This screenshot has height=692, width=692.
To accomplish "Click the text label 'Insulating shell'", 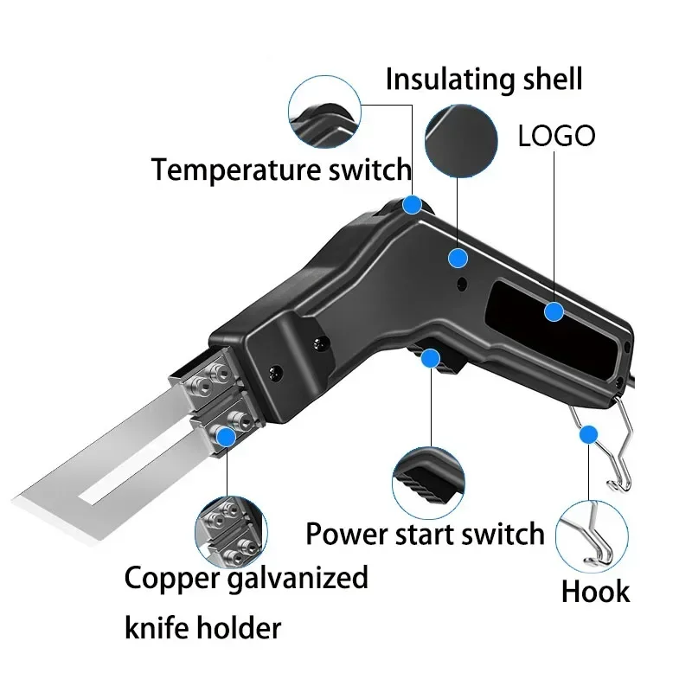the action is tap(484, 80).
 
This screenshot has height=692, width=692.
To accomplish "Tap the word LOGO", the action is tap(556, 136).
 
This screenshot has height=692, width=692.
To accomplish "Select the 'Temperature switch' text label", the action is tap(281, 170).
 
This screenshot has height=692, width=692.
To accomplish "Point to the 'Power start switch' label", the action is tap(425, 534).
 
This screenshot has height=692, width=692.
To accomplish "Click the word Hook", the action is tap(595, 592).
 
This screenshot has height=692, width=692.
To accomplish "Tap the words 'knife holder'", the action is tap(202, 628).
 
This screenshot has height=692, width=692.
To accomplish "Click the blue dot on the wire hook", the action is tap(589, 435).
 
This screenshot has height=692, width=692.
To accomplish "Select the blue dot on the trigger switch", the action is tap(430, 358).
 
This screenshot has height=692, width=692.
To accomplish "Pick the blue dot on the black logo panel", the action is tap(554, 312).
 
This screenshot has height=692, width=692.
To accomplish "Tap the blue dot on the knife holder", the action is tap(227, 437).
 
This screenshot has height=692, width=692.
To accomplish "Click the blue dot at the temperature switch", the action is tap(413, 205).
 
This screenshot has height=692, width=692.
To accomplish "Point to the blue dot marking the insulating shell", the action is tap(458, 258).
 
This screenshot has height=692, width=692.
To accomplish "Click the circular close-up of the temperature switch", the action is tap(324, 112).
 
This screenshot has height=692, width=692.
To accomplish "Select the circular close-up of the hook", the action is tap(592, 536).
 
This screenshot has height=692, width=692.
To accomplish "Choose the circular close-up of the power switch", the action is tap(428, 484).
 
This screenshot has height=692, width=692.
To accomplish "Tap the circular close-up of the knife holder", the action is tap(231, 533).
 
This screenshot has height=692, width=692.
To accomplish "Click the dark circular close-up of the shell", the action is tap(461, 141).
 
